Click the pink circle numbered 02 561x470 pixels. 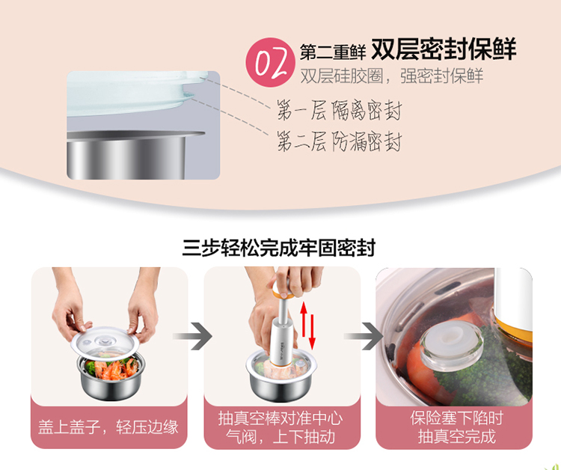(x=271, y=62)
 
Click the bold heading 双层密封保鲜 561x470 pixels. (x=444, y=49)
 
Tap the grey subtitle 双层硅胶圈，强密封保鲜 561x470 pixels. (x=392, y=76)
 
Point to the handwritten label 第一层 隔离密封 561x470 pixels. (x=339, y=110)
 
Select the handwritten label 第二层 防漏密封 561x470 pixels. (x=339, y=141)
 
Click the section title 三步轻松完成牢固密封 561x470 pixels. (x=279, y=248)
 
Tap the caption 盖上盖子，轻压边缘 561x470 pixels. (x=108, y=427)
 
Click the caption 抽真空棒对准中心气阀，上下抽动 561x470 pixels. (x=280, y=427)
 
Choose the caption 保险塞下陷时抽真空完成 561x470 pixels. (x=457, y=427)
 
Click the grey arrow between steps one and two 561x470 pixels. (x=193, y=336)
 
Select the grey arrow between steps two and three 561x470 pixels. (x=364, y=336)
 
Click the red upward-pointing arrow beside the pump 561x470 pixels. (x=304, y=320)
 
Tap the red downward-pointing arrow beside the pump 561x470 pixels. (x=312, y=332)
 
